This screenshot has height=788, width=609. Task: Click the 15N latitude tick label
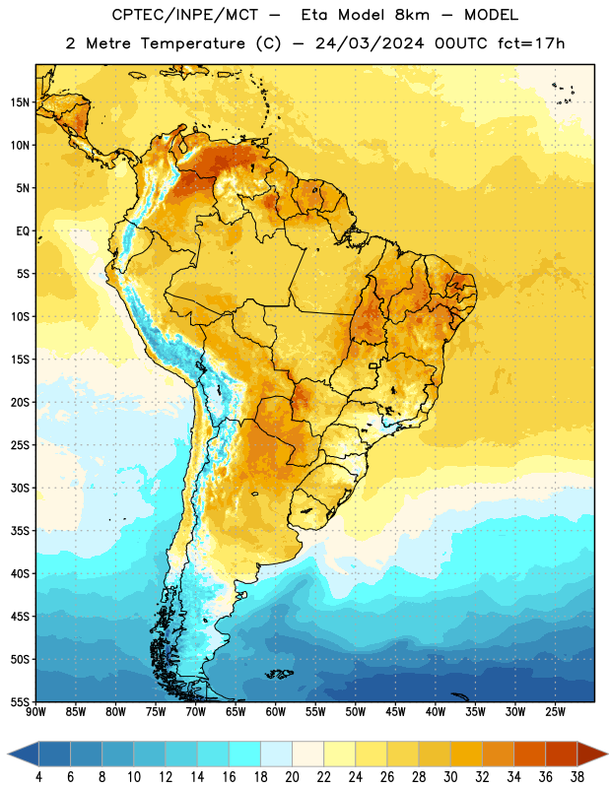[20, 102]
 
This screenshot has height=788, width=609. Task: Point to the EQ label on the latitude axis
[23, 231]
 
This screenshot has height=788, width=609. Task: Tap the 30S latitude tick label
[20, 488]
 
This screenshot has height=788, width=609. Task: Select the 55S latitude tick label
[20, 702]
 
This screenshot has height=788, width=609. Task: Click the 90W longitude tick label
[35, 712]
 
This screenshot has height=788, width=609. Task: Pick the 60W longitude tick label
[276, 712]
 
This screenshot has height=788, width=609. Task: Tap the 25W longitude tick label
[555, 712]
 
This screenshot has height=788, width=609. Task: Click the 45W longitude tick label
[395, 712]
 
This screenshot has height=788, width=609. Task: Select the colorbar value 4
[38, 777]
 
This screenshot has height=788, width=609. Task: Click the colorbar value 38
[577, 777]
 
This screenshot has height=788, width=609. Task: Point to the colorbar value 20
[292, 777]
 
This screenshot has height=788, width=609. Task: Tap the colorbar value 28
[419, 777]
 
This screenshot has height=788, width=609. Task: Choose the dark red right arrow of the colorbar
[592, 755]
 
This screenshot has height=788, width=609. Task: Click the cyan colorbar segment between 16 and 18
[245, 755]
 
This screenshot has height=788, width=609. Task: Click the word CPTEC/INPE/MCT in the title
[185, 16]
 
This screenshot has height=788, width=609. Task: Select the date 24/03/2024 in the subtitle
[370, 43]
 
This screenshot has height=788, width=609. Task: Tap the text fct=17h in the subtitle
[531, 43]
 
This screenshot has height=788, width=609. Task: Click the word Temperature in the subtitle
[192, 44]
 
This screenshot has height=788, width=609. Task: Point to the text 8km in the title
[412, 16]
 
